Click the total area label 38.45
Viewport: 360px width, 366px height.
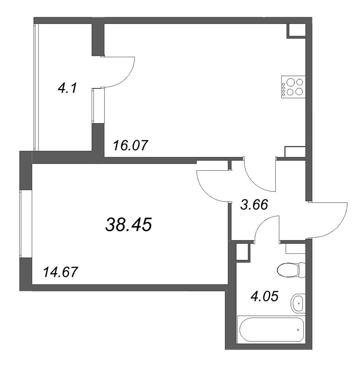[x=129, y=225]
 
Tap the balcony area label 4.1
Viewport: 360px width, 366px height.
[x=67, y=88]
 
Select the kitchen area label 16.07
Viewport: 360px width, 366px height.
[x=131, y=145]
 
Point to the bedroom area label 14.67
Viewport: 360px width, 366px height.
[x=60, y=272]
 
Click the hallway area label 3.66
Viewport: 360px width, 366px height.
[x=254, y=205]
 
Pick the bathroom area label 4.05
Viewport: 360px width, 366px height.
[x=264, y=296]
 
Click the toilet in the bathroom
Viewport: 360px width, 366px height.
[x=291, y=270]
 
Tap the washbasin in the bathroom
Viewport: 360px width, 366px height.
[x=298, y=303]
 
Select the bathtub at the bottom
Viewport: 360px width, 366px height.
[x=271, y=329]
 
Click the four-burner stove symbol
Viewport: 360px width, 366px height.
[x=294, y=87]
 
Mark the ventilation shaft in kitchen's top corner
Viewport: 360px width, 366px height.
[x=296, y=30]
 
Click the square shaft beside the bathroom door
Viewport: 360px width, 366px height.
[x=243, y=251]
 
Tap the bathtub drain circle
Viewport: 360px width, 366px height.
[x=298, y=330]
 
